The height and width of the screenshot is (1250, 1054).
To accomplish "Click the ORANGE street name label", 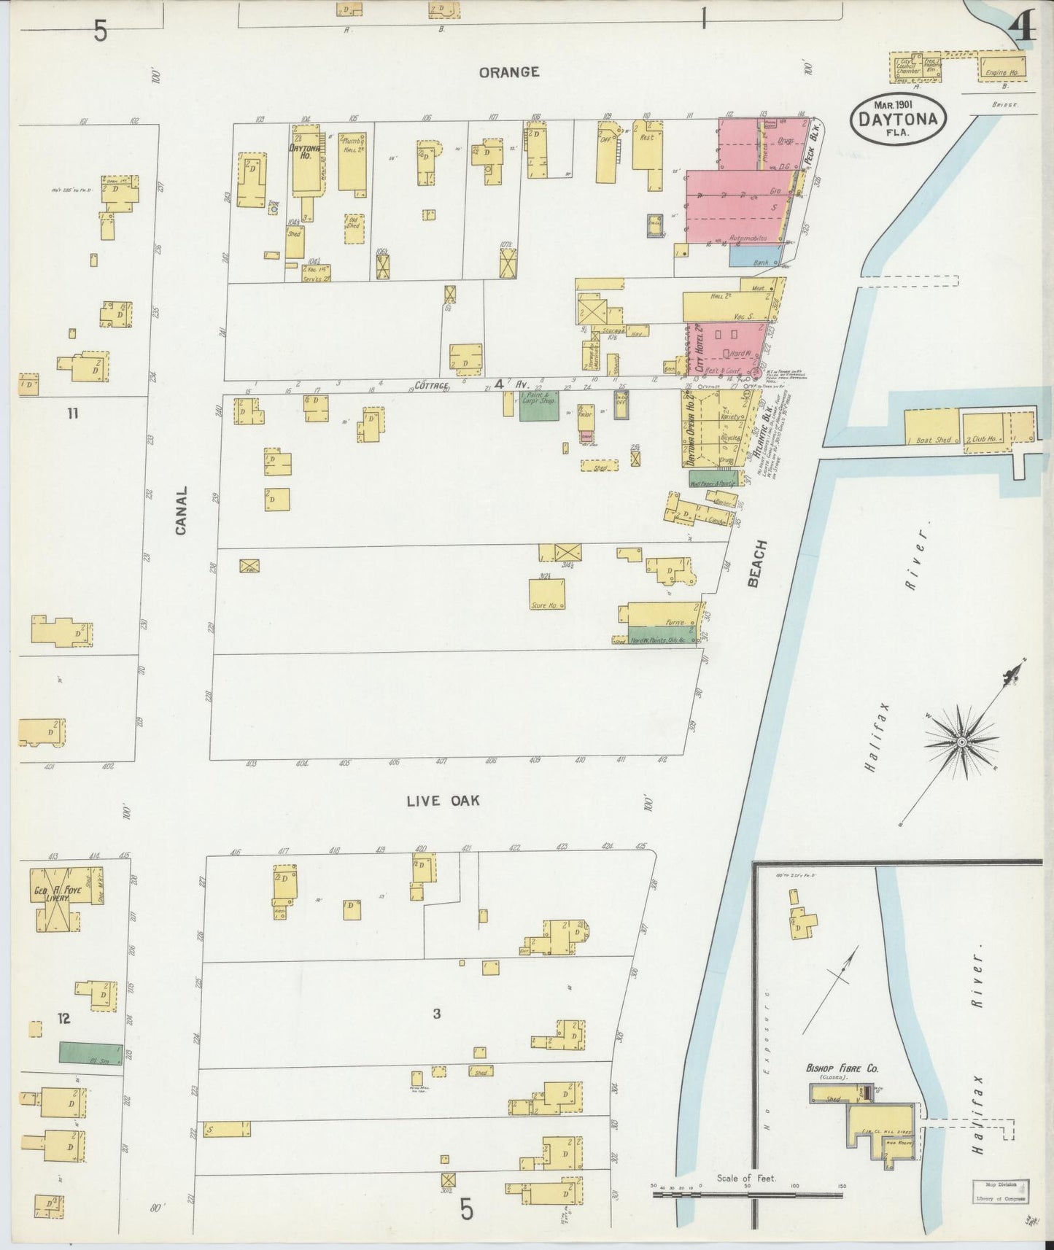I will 509,71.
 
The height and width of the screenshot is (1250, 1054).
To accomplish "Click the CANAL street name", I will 180,511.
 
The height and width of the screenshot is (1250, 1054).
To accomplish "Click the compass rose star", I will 961,742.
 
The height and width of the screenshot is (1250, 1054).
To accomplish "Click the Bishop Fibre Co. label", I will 842,1068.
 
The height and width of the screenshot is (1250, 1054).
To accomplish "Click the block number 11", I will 72,414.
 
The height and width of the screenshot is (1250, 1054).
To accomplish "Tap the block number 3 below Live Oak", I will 436,1014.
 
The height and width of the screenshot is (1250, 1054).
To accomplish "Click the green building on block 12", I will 90,1052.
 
